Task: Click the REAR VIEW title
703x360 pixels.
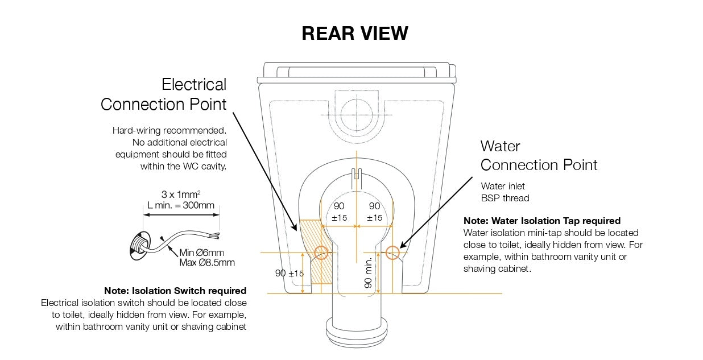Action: click(x=355, y=34)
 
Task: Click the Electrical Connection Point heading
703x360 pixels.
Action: click(x=164, y=94)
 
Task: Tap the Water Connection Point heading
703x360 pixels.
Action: click(x=539, y=155)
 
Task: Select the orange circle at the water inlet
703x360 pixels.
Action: click(x=392, y=253)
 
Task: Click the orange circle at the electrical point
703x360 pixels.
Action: click(x=321, y=253)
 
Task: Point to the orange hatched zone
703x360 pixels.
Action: click(x=308, y=236)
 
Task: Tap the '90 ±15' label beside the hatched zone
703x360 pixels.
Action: click(x=290, y=274)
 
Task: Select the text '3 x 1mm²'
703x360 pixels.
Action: click(x=181, y=194)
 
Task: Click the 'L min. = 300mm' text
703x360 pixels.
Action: click(x=181, y=204)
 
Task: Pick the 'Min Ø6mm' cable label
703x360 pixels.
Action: click(x=202, y=253)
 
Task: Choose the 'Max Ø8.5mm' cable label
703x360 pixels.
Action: click(x=207, y=263)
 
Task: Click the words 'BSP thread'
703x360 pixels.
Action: click(x=504, y=198)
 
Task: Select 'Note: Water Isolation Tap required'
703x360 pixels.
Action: click(x=541, y=221)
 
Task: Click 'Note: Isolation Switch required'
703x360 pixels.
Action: click(x=175, y=291)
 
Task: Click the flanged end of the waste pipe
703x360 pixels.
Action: click(x=356, y=330)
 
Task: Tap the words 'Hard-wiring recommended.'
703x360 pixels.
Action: click(x=169, y=130)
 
